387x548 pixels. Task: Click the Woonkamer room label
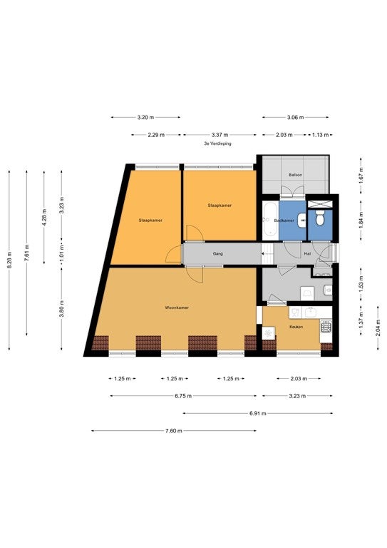(x=177, y=308)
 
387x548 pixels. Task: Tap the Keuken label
(x=296, y=327)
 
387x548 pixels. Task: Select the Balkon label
(x=295, y=175)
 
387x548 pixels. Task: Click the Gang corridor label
(x=218, y=254)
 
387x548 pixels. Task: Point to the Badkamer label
(x=284, y=221)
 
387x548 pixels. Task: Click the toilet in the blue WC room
(x=319, y=218)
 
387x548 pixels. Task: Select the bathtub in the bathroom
(x=270, y=220)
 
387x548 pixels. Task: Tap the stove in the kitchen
(x=326, y=327)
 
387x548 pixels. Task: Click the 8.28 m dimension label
(x=9, y=260)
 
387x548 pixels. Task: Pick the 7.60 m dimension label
(x=174, y=431)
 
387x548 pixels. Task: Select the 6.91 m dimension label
(x=258, y=413)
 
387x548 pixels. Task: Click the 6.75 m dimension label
(x=183, y=396)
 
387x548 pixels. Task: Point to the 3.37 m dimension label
(x=220, y=135)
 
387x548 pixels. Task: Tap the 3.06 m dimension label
(x=295, y=118)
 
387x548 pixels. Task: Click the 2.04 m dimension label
(x=378, y=328)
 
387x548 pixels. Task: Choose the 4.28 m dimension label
(x=44, y=217)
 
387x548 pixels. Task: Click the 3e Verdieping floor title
(x=218, y=143)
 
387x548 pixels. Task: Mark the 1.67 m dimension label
(x=361, y=176)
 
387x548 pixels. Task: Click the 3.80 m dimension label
(x=62, y=309)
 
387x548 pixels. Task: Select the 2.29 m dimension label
(x=156, y=135)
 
